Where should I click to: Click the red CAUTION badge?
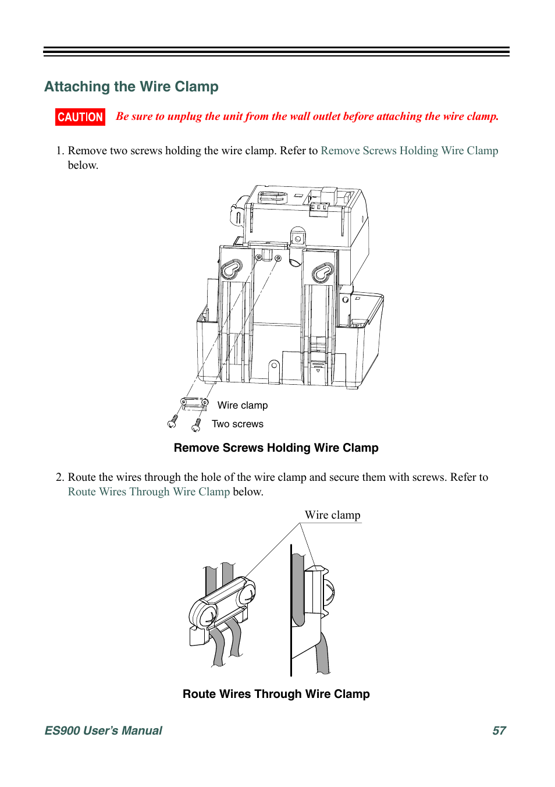pyautogui.click(x=80, y=117)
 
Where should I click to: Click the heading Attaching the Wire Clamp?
pyautogui.click(x=131, y=87)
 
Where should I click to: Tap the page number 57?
pyautogui.click(x=499, y=731)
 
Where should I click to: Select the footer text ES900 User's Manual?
pyautogui.click(x=104, y=731)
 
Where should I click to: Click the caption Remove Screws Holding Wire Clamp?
pyautogui.click(x=276, y=448)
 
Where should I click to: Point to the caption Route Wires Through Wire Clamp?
pyautogui.click(x=276, y=694)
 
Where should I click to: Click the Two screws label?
pyautogui.click(x=237, y=424)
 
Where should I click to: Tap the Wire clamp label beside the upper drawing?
pyautogui.click(x=243, y=405)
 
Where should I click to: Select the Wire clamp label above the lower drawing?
pyautogui.click(x=332, y=515)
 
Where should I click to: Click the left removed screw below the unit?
pyautogui.click(x=173, y=421)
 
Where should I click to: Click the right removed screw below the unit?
pyautogui.click(x=197, y=426)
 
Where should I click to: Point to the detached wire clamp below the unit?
pyautogui.click(x=194, y=403)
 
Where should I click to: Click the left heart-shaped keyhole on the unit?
pyautogui.click(x=231, y=269)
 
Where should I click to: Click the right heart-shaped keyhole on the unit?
pyautogui.click(x=322, y=272)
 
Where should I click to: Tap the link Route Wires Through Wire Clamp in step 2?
pyautogui.click(x=149, y=492)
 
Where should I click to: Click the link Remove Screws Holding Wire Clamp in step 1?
pyautogui.click(x=409, y=151)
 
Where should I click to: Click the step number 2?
pyautogui.click(x=59, y=477)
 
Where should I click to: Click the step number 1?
pyautogui.click(x=59, y=151)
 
